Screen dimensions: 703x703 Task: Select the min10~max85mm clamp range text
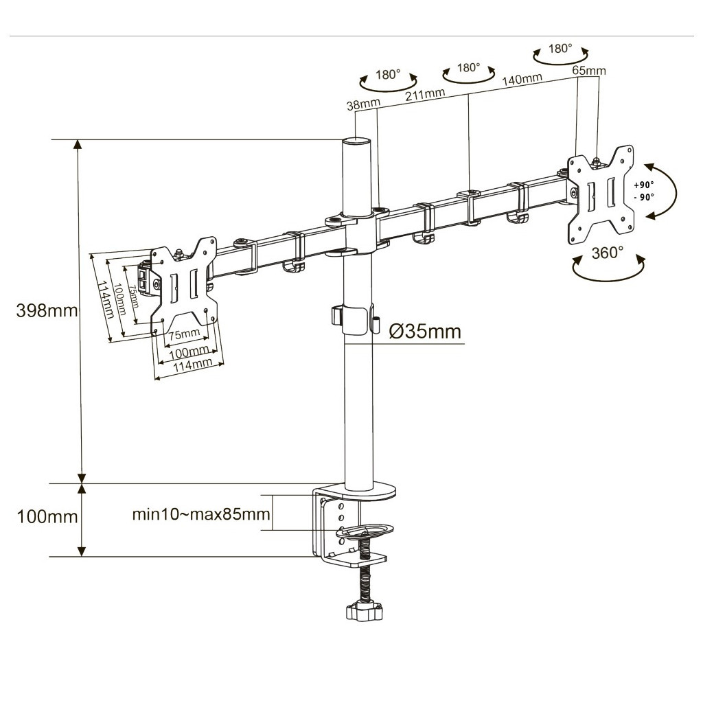click(201, 514)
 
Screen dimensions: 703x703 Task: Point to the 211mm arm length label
click(424, 95)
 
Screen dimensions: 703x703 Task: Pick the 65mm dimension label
click(589, 71)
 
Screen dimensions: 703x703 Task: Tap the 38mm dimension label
click(363, 104)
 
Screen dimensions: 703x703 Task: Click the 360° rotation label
click(608, 252)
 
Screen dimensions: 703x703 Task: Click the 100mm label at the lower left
click(47, 516)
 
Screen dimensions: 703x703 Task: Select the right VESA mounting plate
click(599, 196)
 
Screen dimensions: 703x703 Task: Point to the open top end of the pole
click(358, 141)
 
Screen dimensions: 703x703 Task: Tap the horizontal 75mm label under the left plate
click(184, 334)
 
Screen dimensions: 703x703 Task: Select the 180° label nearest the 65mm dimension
click(560, 49)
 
